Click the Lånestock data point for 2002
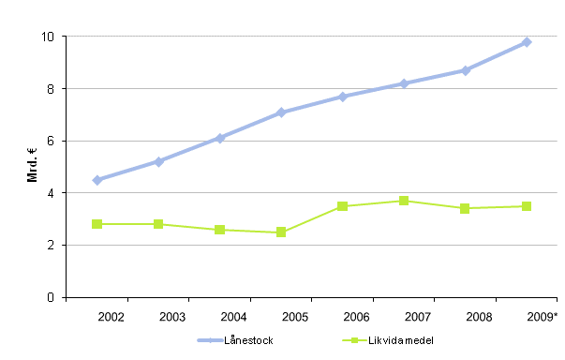pyautogui.click(x=97, y=180)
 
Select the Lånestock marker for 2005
pyautogui.click(x=281, y=112)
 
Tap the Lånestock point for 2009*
pyautogui.click(x=527, y=42)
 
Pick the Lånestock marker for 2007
pyautogui.click(x=404, y=83)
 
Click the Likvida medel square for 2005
pyautogui.click(x=281, y=232)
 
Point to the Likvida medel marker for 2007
pyautogui.click(x=404, y=201)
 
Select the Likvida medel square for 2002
pyautogui.click(x=97, y=224)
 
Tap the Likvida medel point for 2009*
pyautogui.click(x=527, y=206)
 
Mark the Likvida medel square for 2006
pyautogui.click(x=343, y=206)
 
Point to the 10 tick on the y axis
pyautogui.click(x=50, y=37)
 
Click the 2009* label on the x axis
pyautogui.click(x=542, y=317)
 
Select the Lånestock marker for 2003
pyautogui.click(x=158, y=161)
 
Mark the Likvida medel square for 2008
pyautogui.click(x=466, y=208)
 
